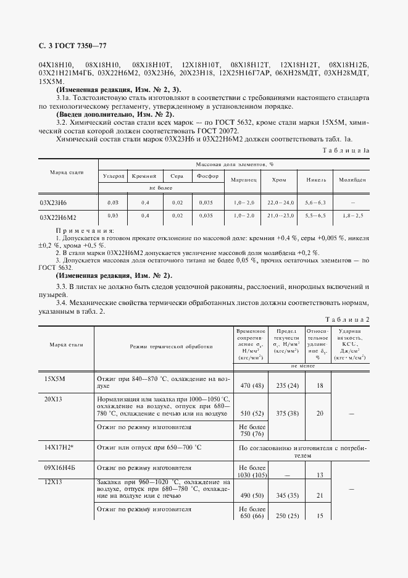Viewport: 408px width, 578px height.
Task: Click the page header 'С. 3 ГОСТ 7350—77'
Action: (x=72, y=46)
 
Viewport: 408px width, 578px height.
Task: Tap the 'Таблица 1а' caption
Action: (x=346, y=150)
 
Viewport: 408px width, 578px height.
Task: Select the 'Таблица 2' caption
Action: (x=347, y=319)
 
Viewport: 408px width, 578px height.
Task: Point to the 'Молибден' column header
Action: (x=351, y=180)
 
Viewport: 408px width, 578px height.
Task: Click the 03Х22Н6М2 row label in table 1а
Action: (x=62, y=217)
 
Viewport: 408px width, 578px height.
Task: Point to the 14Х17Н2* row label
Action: (x=60, y=446)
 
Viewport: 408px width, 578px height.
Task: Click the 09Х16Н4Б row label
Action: (x=60, y=467)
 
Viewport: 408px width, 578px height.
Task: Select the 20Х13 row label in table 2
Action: (x=54, y=399)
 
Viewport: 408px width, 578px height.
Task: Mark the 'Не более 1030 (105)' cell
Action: (x=251, y=471)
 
